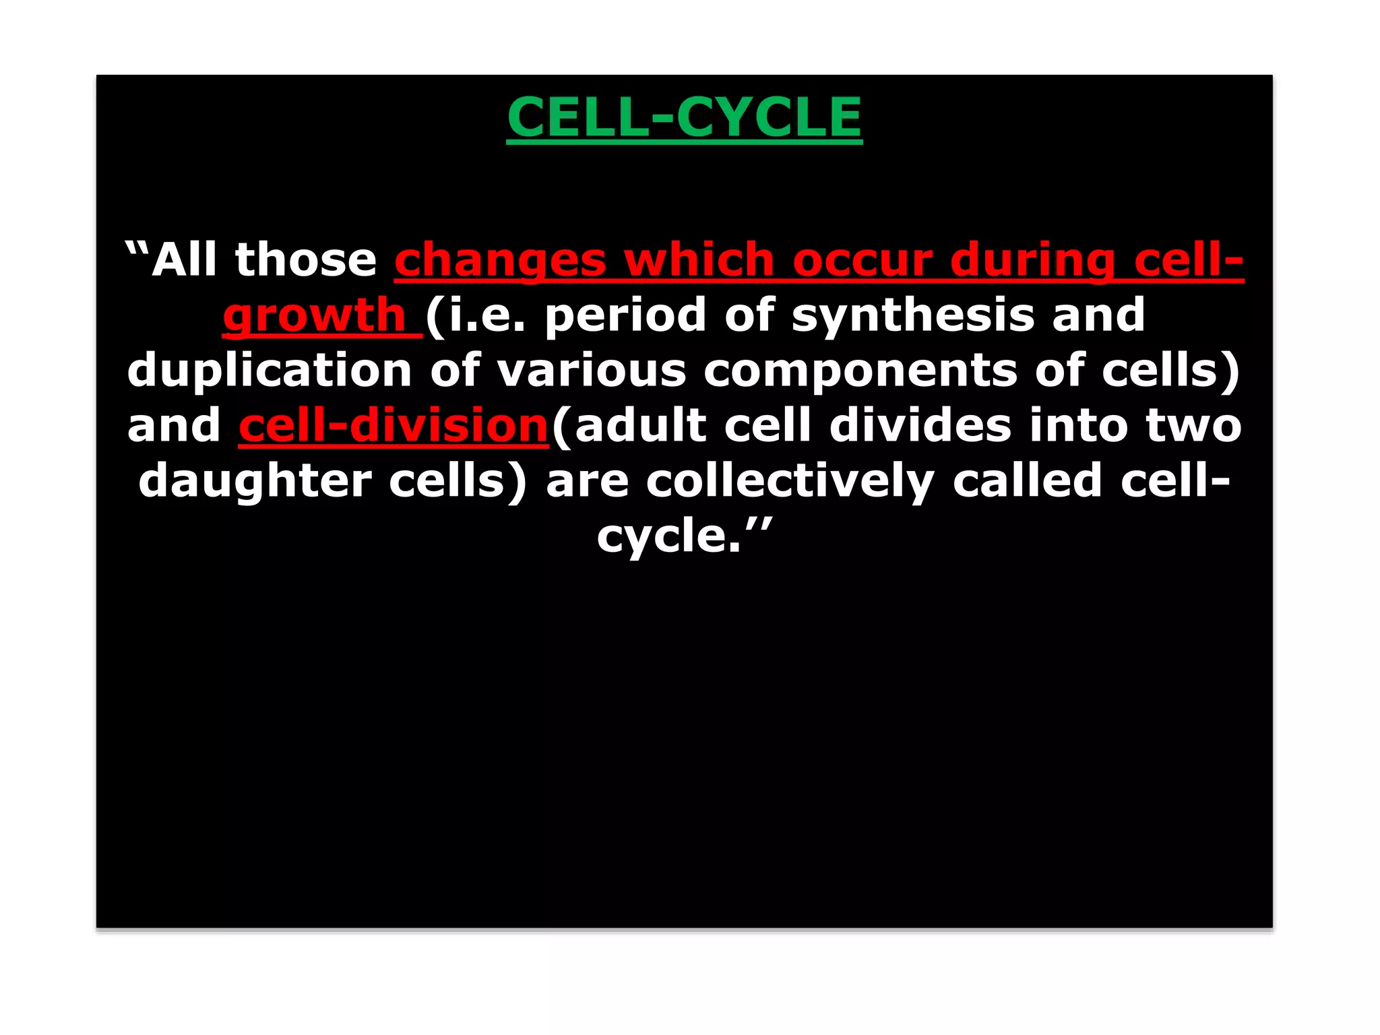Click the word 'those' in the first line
[x=305, y=260]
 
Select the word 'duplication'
[x=269, y=371]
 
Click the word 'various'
[x=592, y=371]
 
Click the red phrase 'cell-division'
[x=394, y=427]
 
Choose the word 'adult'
[x=640, y=427]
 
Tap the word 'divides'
[x=920, y=427]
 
